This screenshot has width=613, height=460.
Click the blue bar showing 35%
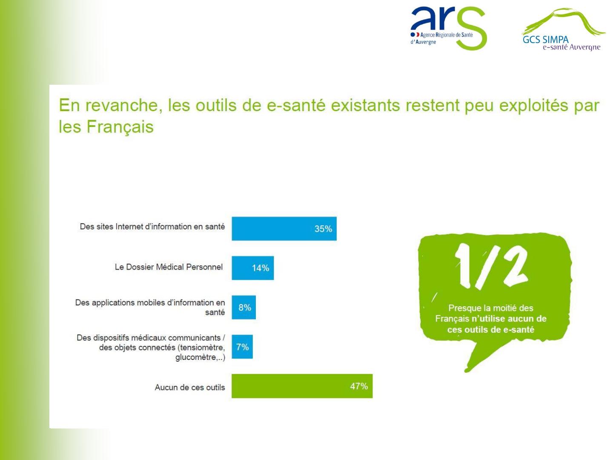click(284, 228)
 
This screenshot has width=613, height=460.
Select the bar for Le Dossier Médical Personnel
click(253, 268)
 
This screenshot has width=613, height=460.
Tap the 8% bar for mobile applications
click(243, 307)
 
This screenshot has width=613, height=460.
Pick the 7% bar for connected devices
click(242, 347)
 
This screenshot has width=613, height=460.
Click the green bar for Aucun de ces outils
click(302, 386)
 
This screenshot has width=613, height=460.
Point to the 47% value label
click(359, 386)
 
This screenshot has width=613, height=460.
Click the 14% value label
click(260, 268)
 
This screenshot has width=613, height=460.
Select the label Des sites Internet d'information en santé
click(152, 227)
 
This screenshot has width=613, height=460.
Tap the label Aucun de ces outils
click(190, 388)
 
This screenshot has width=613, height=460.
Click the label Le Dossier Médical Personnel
click(169, 267)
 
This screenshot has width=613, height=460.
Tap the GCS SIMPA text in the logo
click(545, 39)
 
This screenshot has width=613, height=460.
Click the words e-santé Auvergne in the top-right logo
click(571, 47)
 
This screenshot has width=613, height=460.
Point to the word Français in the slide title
click(120, 127)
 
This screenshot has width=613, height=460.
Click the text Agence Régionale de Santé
click(446, 35)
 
